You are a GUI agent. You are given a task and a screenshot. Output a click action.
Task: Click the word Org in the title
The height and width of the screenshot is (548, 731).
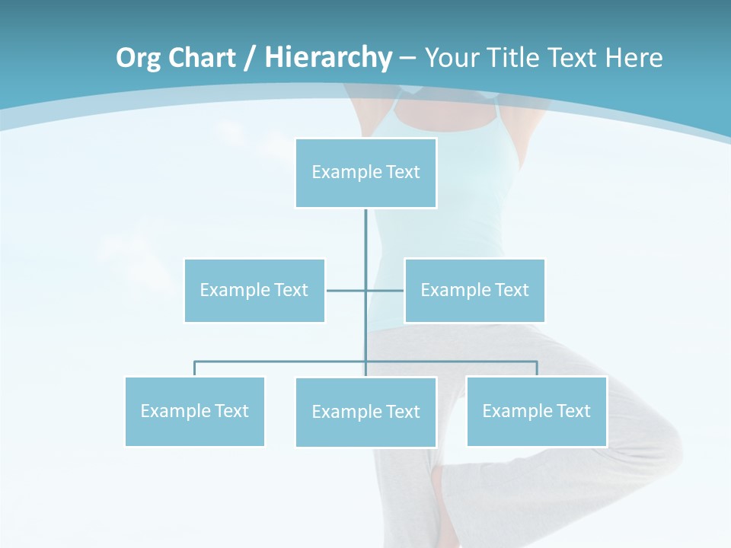coord(138,58)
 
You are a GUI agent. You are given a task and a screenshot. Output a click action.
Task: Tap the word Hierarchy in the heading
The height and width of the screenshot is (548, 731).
coord(328,58)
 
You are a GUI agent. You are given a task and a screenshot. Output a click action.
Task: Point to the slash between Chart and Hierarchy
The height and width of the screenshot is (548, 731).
coord(250,58)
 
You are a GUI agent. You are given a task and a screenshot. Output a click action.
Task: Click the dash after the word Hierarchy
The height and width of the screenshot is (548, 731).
coord(407,58)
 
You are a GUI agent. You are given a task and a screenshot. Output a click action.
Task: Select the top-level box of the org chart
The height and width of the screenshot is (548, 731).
coord(365,173)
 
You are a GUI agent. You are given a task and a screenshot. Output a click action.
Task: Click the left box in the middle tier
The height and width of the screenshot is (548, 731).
coord(254,291)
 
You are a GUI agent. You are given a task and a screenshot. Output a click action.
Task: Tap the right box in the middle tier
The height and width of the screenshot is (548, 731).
coord(474,291)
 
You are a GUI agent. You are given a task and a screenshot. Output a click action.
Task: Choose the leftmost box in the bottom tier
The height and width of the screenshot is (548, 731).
coord(194,412)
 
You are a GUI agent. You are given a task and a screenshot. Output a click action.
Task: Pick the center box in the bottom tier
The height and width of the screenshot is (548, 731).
coord(365,413)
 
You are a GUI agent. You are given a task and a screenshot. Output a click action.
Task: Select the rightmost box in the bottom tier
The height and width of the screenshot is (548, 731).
coord(536,412)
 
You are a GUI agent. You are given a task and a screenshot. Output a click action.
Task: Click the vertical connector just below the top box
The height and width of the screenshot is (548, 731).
coord(365,236)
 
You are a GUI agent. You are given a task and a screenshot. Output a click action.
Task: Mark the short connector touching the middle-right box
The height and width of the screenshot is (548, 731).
coord(386,290)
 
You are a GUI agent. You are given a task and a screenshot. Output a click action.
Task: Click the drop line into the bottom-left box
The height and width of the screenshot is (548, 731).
coord(194,369)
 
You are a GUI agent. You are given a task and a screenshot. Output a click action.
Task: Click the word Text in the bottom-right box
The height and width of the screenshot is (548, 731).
coord(573,411)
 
